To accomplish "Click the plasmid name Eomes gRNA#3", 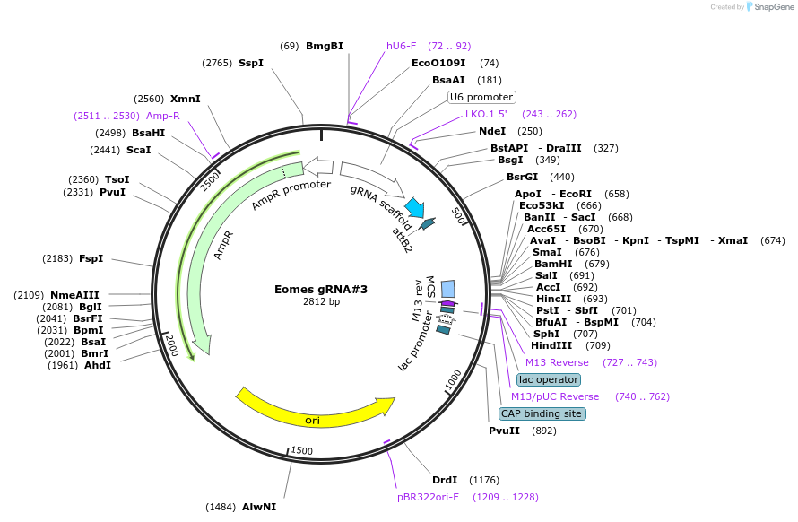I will point(320,290).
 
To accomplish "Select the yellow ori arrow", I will point(314,408).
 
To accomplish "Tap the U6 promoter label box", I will point(481,97).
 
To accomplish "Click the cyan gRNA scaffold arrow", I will point(414,208).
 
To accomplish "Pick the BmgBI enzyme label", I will point(324,46).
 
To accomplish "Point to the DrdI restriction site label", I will point(445,480).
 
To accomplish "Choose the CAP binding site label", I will point(542,413).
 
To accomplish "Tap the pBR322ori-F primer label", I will point(428,496).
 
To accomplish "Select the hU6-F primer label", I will point(401,46).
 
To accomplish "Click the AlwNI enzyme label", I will point(259,507).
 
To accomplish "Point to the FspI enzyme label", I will point(91,258).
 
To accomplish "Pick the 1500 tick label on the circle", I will point(302,450).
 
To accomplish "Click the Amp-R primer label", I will point(163,116).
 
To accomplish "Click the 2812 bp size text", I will point(321,302).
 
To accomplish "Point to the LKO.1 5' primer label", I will point(486,114).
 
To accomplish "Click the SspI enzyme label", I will point(251,63).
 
